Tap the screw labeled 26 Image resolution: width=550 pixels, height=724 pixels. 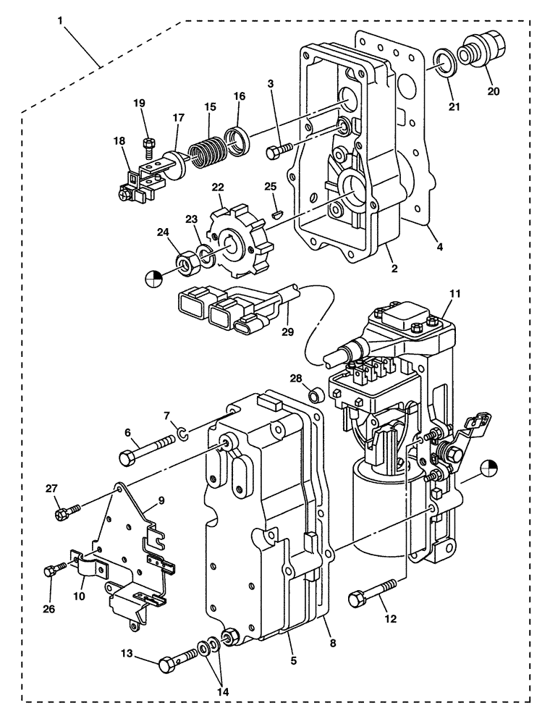pos(52,571)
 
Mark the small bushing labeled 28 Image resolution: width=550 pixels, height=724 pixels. pos(315,395)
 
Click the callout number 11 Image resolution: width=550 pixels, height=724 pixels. pos(454,295)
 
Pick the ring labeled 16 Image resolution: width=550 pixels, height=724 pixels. pos(237,138)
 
